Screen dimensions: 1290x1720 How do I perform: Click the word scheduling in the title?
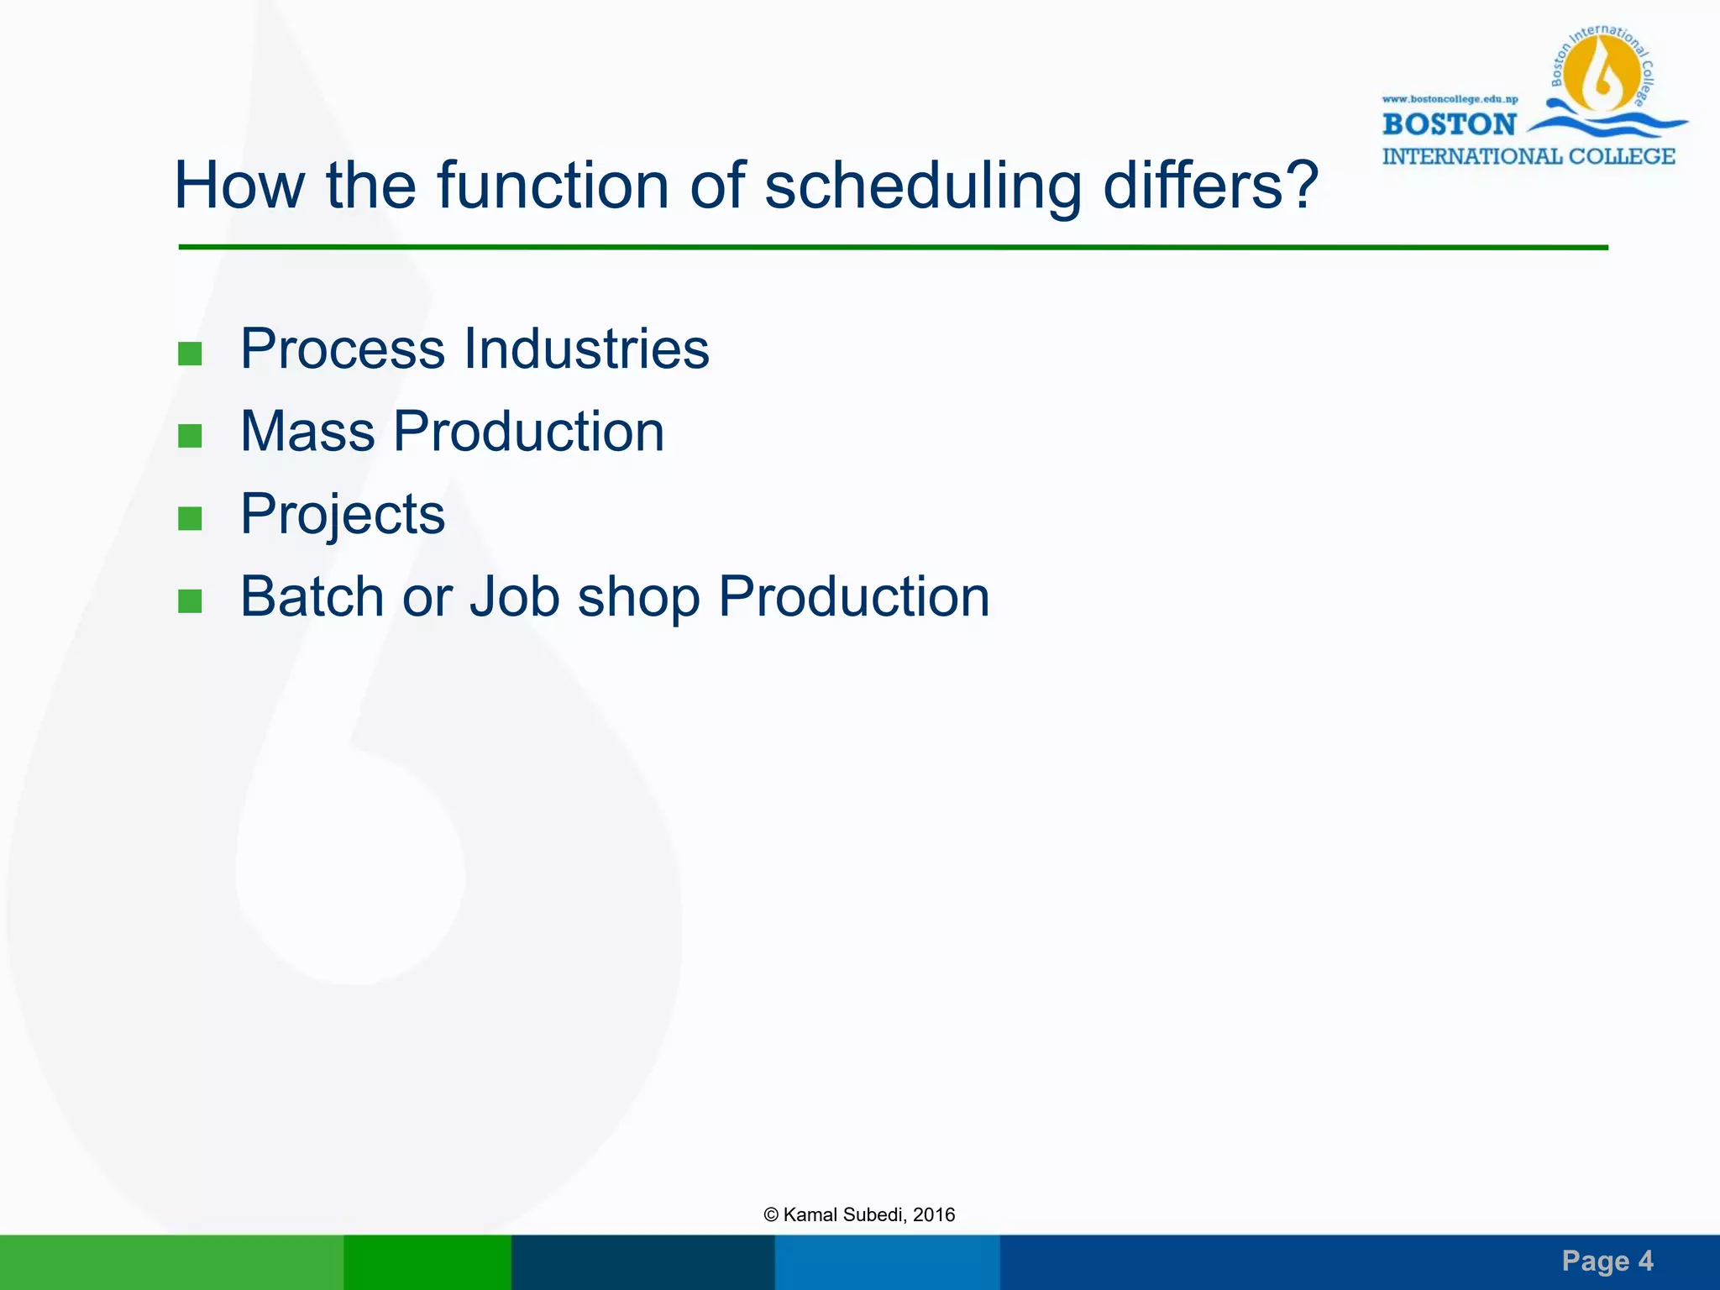(x=922, y=186)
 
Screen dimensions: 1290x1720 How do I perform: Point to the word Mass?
(x=307, y=432)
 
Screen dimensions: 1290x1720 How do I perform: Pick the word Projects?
(x=343, y=514)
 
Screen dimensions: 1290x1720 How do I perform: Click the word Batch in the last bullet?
(x=312, y=596)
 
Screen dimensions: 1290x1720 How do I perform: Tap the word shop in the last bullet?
(x=638, y=598)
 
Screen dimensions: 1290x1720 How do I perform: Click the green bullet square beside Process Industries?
(x=191, y=354)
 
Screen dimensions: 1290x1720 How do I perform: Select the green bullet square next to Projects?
(x=191, y=519)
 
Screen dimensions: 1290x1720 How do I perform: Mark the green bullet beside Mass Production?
(x=191, y=436)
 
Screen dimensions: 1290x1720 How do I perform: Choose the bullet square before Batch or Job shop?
(x=191, y=601)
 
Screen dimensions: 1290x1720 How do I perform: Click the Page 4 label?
(x=1607, y=1261)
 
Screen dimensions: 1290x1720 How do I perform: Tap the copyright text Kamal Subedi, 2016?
(x=859, y=1214)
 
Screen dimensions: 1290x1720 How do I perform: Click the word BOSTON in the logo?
(x=1449, y=125)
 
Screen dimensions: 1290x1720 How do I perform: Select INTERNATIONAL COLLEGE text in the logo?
(x=1528, y=157)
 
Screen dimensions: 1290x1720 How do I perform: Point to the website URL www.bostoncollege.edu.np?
(x=1450, y=99)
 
